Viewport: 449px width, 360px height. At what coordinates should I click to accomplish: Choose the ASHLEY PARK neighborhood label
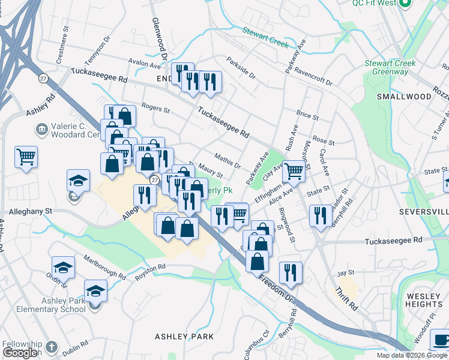(x=184, y=337)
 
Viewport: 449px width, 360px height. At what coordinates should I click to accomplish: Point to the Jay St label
(x=346, y=273)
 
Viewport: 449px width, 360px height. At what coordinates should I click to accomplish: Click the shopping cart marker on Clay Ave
(x=294, y=171)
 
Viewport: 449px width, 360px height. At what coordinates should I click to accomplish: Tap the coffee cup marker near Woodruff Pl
(x=441, y=340)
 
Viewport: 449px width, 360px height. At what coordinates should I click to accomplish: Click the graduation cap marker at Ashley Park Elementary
(x=95, y=291)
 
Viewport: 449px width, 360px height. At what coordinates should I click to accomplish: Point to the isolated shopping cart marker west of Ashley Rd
(x=26, y=157)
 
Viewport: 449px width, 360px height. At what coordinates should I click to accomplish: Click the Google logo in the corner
(x=20, y=353)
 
